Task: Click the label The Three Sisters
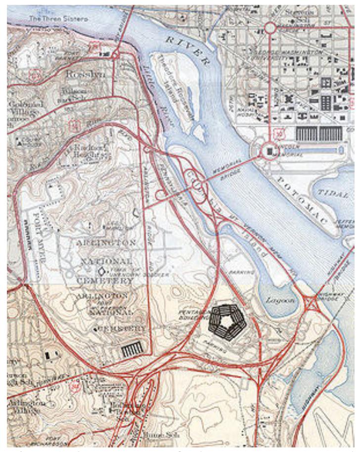coord(58,18)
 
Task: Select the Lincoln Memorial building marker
coord(270,149)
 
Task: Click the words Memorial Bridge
coord(229,168)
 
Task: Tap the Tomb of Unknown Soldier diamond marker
coord(102,271)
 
